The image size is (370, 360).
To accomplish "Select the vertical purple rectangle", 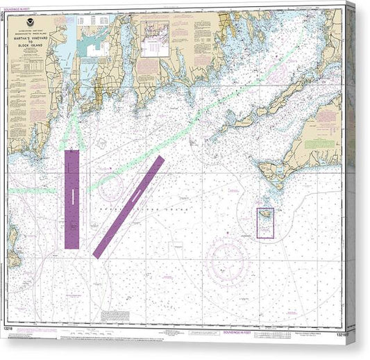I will (x=72, y=199).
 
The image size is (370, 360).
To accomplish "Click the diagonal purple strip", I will (x=128, y=207).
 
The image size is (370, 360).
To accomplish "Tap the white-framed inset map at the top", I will (x=154, y=38).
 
